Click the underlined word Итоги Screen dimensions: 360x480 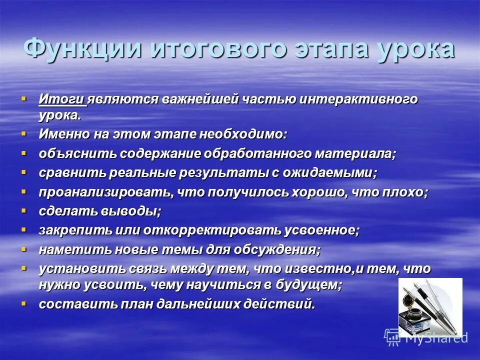pos(62,99)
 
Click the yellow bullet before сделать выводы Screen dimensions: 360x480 pos(23,210)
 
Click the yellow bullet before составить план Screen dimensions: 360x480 pos(23,303)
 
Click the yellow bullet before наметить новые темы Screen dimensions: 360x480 pos(23,248)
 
